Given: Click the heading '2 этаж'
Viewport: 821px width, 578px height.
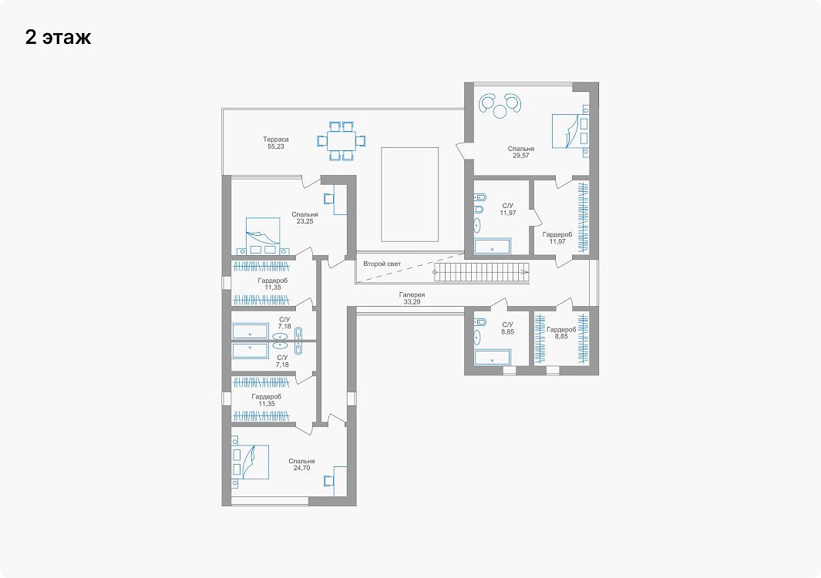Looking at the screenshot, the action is click(x=58, y=37).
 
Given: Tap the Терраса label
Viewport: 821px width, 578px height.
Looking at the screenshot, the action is click(x=276, y=139).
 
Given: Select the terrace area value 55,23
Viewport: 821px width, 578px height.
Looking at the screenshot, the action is click(x=276, y=146).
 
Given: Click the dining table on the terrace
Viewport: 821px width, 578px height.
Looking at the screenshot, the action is click(x=341, y=141).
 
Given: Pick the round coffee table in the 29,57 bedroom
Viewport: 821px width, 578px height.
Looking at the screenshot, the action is click(x=500, y=111).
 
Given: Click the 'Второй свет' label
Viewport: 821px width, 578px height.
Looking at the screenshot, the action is click(x=382, y=264).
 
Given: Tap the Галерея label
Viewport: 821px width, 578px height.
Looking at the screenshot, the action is click(x=412, y=294).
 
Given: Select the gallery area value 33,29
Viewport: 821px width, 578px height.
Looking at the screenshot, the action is click(x=412, y=302).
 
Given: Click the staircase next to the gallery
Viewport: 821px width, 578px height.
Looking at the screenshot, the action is click(x=481, y=272).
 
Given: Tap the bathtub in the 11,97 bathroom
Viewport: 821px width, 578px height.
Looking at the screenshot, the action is click(x=492, y=247).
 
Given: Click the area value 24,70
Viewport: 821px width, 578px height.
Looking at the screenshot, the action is click(x=301, y=468).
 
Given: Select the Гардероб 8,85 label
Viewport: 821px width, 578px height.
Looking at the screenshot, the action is click(x=561, y=333).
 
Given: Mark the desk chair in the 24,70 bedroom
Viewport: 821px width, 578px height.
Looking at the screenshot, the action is click(x=329, y=481).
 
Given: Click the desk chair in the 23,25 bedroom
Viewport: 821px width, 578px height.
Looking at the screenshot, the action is click(x=329, y=198).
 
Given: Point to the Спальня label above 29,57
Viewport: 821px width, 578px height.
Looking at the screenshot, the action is click(x=521, y=149).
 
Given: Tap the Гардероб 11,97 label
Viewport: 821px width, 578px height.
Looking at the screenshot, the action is click(x=557, y=238).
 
